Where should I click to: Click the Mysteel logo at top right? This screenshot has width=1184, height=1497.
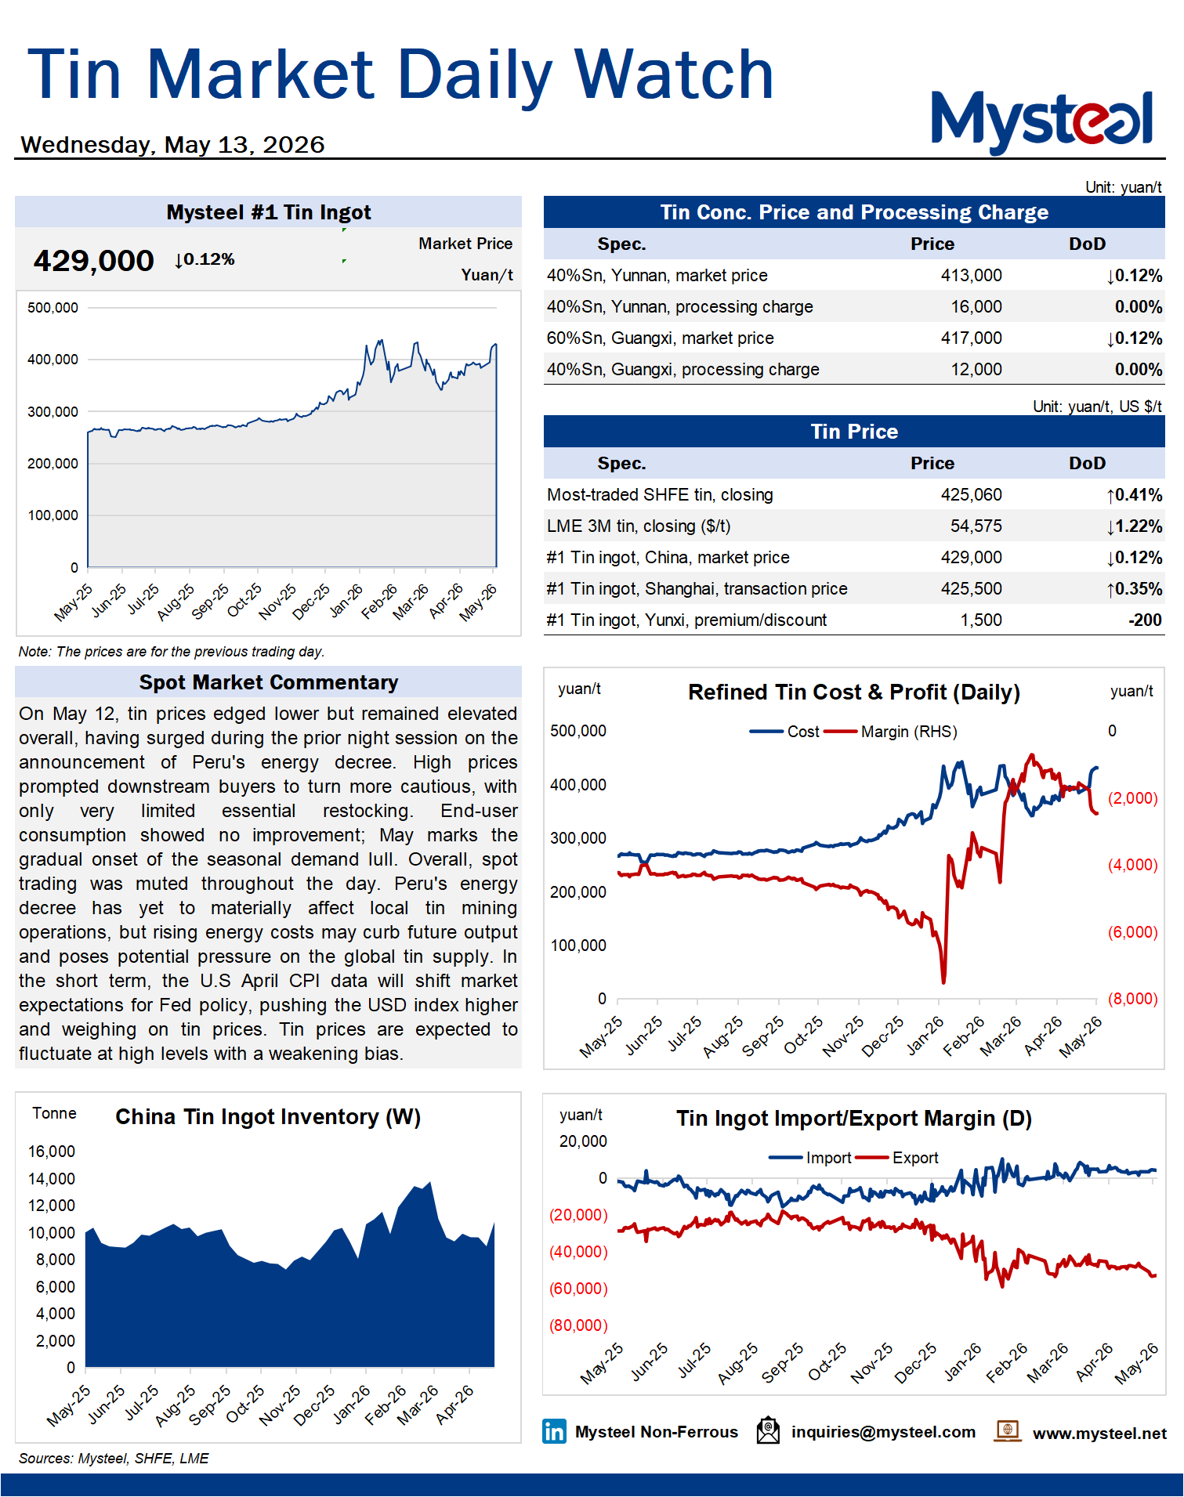tap(1041, 121)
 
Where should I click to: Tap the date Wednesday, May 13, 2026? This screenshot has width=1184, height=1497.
tap(172, 145)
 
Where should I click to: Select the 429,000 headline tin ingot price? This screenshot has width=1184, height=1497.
tap(93, 261)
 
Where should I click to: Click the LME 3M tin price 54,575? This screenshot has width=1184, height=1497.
tap(976, 526)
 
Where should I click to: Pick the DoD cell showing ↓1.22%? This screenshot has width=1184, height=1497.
tap(1134, 526)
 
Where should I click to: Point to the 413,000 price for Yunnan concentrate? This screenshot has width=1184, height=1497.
tap(971, 276)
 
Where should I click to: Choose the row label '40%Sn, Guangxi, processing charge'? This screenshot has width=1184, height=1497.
tap(683, 370)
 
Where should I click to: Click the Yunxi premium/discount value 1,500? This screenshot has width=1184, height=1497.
tap(981, 620)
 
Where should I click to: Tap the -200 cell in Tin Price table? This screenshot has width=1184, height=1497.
tap(1145, 620)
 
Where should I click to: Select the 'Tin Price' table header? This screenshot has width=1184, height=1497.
tap(854, 432)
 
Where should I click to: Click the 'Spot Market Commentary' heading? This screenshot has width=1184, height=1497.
tap(269, 682)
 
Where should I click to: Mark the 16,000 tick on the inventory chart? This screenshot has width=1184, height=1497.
tap(52, 1152)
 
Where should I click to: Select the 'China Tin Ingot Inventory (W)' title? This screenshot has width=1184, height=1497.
tap(268, 1116)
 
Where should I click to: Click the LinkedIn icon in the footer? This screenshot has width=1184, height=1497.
tap(554, 1431)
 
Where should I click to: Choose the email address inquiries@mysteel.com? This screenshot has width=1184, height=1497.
tap(883, 1432)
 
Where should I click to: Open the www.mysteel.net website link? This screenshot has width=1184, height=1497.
tap(1099, 1433)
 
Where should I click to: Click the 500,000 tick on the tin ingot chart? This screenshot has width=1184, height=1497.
tap(53, 308)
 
